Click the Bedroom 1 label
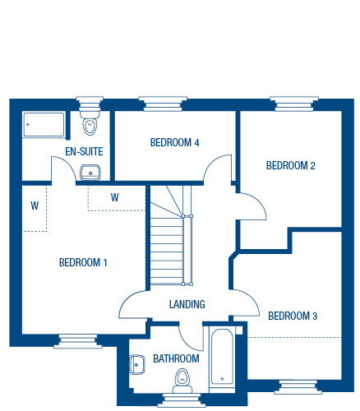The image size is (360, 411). [83, 262]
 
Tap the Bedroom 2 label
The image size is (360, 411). [291, 165]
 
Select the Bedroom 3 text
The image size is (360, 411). [293, 316]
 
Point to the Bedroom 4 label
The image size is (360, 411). [175, 142]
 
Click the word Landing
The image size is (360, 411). [187, 304]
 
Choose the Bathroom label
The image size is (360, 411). [176, 358]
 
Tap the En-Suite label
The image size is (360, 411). [84, 151]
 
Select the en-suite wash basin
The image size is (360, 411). [90, 173]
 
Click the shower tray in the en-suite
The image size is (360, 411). [44, 124]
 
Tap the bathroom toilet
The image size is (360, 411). [182, 381]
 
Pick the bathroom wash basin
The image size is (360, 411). [136, 365]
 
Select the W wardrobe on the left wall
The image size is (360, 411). [35, 209]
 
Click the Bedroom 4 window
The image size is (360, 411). [163, 104]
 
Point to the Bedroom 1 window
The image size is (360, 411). [78, 341]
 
